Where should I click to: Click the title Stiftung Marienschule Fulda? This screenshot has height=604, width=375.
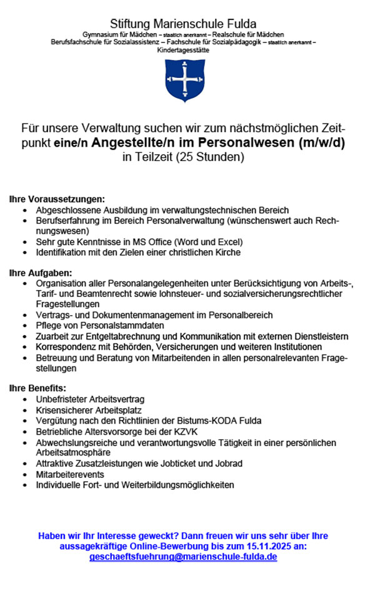click(x=183, y=24)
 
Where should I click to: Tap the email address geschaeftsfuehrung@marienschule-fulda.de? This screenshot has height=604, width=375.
click(x=183, y=557)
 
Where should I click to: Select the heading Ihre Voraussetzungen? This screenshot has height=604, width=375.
click(x=57, y=200)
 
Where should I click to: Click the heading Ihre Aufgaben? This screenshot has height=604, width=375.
click(x=41, y=273)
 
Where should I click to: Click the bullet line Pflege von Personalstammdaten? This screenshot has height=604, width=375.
click(x=100, y=326)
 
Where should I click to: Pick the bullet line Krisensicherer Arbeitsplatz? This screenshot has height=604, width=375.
click(x=89, y=411)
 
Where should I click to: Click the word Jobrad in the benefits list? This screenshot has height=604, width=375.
click(x=229, y=464)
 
